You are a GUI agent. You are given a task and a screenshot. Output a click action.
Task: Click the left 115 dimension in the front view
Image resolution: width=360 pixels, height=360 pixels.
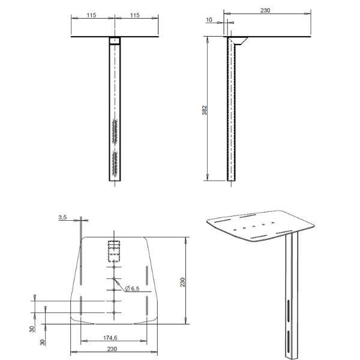(x=91, y=15)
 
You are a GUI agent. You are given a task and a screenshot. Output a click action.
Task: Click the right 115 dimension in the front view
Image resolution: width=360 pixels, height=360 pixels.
(x=135, y=15)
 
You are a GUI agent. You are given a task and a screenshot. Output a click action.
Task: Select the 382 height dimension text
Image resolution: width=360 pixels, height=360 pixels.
(x=205, y=110)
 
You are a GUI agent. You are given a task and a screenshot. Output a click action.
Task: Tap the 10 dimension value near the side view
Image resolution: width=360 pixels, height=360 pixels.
(x=209, y=20)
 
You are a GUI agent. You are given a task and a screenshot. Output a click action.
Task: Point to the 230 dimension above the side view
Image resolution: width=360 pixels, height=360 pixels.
(x=265, y=10)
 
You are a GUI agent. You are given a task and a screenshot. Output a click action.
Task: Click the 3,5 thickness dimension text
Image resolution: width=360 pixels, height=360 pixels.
(x=62, y=217)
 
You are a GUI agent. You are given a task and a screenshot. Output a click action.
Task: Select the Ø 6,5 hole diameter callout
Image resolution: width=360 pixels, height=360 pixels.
(x=132, y=289)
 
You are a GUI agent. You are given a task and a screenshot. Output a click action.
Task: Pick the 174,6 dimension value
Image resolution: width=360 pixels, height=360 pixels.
(x=110, y=338)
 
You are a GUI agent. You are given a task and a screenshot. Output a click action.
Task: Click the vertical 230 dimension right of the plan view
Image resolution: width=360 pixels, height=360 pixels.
(x=182, y=282)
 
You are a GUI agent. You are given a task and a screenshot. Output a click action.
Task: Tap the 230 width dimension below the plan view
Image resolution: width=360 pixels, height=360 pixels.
(x=112, y=349)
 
